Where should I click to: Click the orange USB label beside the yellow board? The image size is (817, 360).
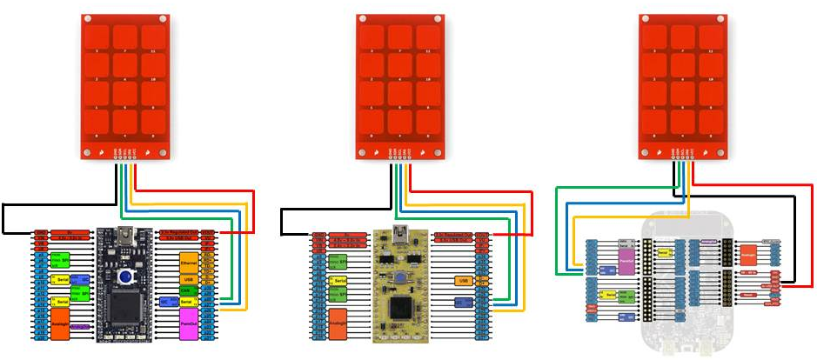point(464,280)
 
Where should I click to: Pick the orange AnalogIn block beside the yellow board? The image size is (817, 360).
point(338,321)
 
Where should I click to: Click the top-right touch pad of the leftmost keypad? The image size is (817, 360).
point(153,37)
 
